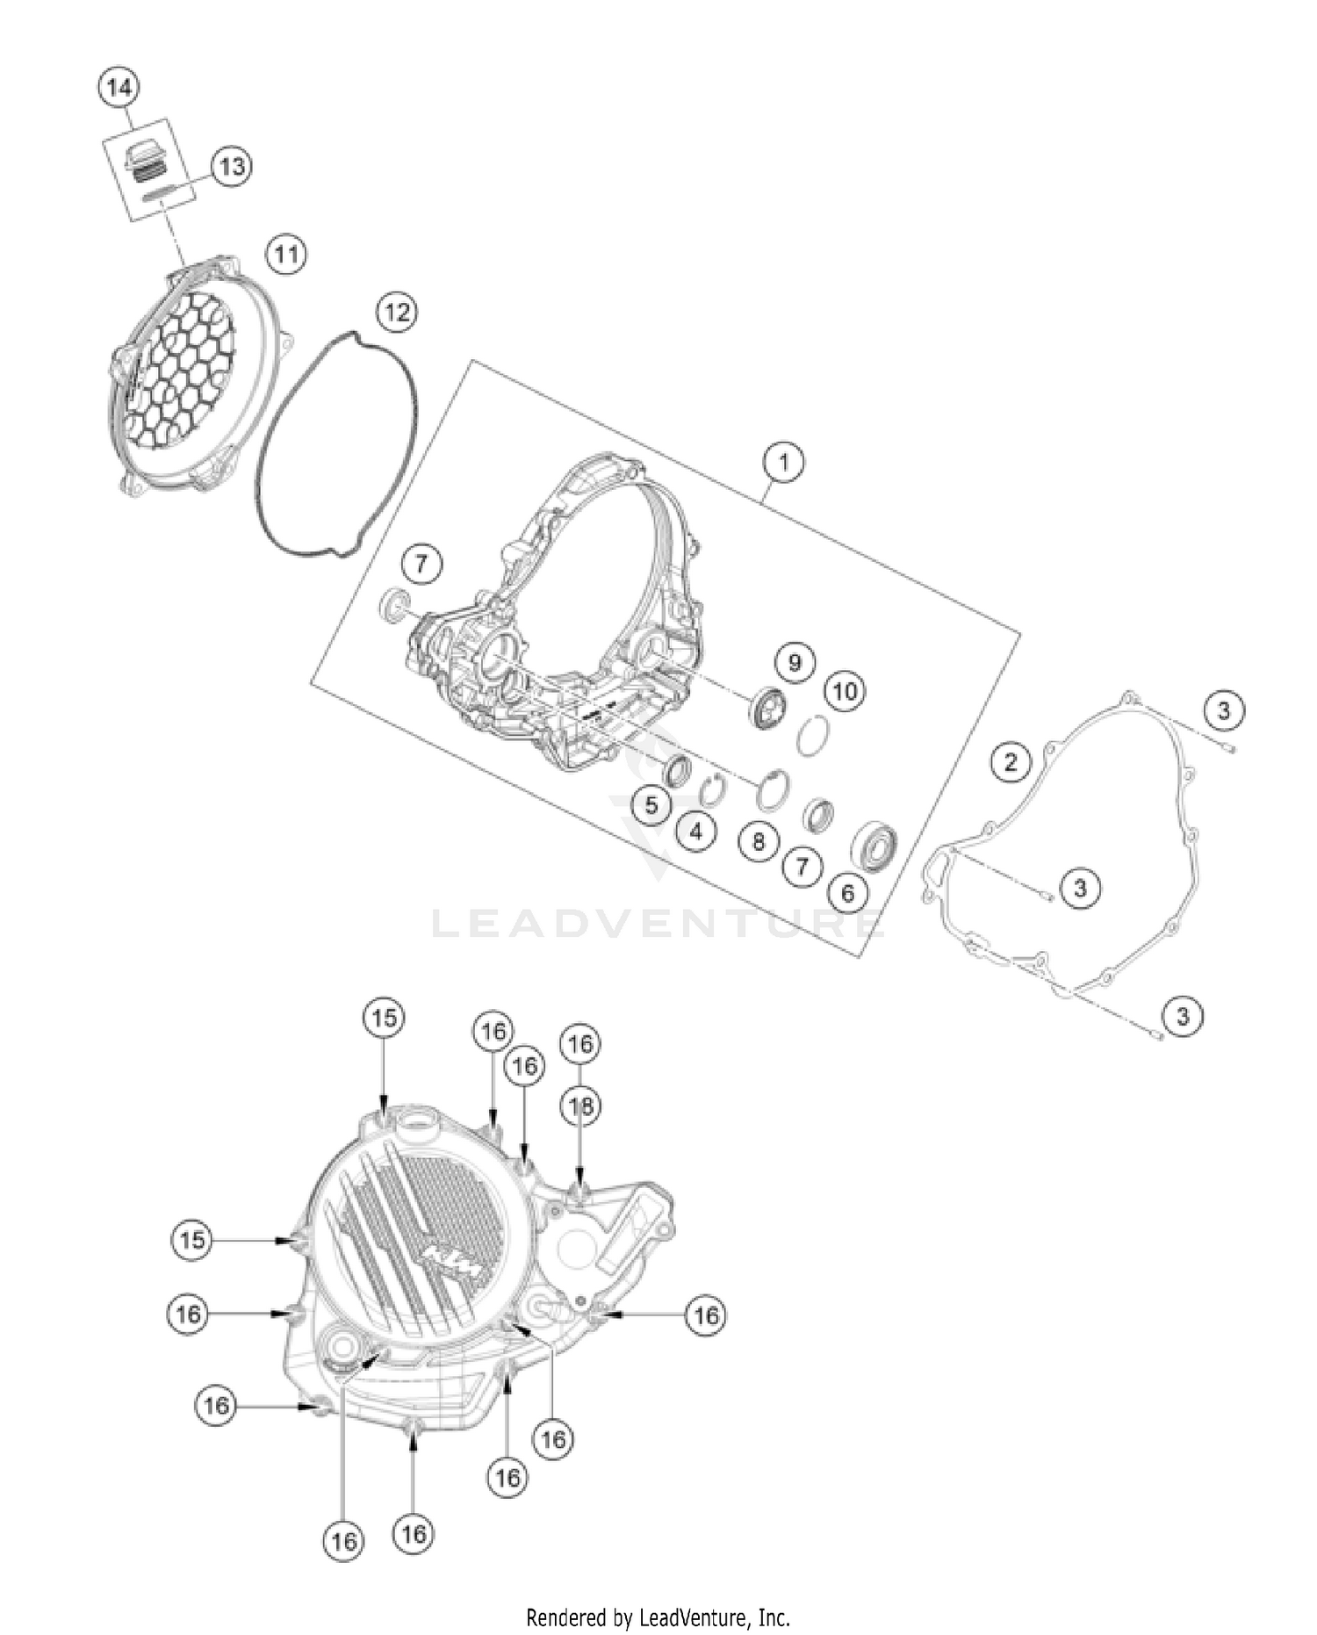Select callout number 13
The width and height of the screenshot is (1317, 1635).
point(231,166)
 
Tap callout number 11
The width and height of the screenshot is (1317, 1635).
point(286,256)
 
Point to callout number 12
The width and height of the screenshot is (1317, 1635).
point(397,311)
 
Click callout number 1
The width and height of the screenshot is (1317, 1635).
point(783,461)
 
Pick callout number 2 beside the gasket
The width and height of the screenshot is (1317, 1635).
point(1011,761)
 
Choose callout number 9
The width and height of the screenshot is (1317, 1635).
point(795,661)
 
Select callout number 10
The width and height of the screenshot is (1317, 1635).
point(845,691)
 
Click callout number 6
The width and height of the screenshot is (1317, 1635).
point(847,893)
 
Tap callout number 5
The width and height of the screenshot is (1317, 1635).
point(651,805)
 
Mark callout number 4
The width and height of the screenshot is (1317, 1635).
point(696,830)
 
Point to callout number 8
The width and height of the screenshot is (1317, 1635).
point(758,842)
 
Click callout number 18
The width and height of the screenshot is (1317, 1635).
point(580,1106)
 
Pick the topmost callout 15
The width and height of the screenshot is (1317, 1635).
point(384,1018)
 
